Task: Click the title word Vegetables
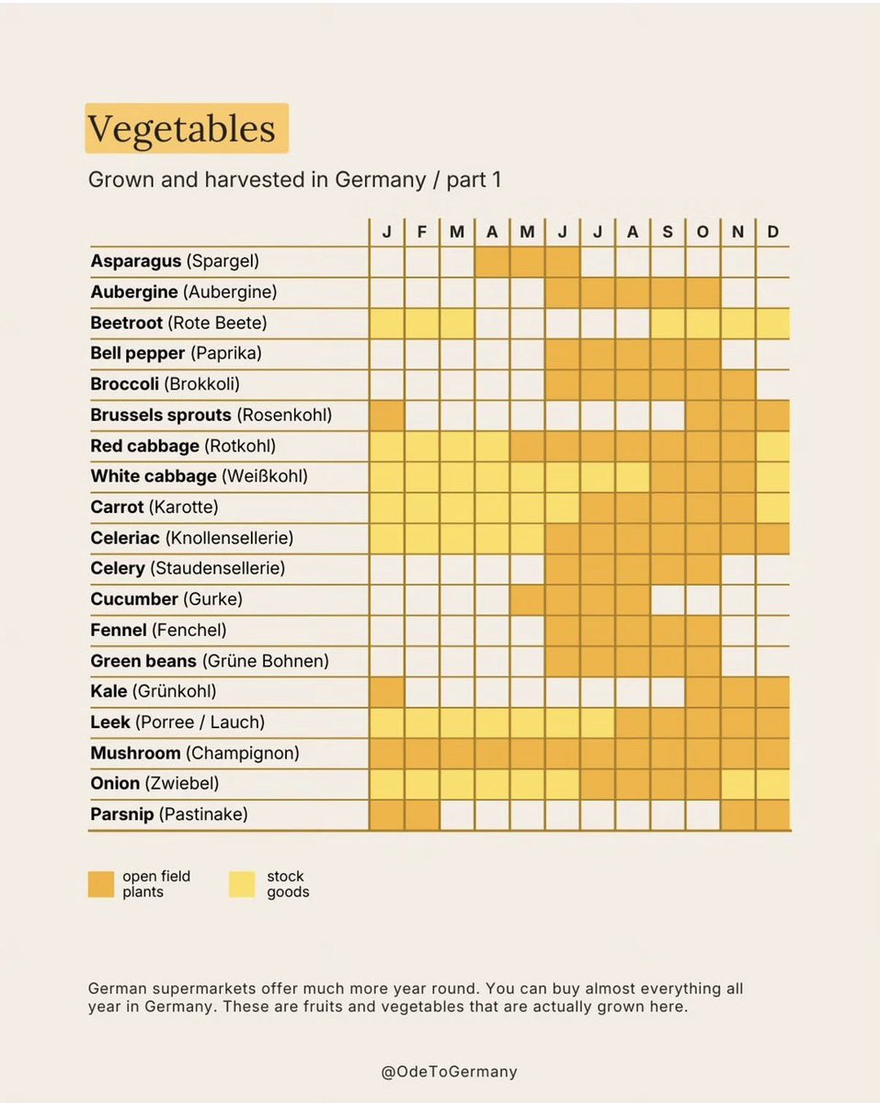click(x=182, y=128)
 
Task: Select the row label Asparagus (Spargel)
click(x=175, y=261)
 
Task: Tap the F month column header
click(x=422, y=232)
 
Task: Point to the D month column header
click(x=772, y=232)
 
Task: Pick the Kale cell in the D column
click(x=772, y=691)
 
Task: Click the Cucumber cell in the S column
click(x=668, y=599)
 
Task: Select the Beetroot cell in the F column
click(x=422, y=323)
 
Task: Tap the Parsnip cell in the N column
click(x=737, y=814)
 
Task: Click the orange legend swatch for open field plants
click(x=101, y=884)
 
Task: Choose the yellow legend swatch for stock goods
click(x=242, y=884)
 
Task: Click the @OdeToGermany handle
click(x=449, y=1071)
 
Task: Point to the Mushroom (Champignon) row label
click(x=195, y=753)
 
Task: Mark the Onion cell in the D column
click(x=772, y=784)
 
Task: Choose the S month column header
click(x=668, y=232)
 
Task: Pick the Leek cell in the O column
click(x=703, y=722)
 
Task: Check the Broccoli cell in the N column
click(x=737, y=384)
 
